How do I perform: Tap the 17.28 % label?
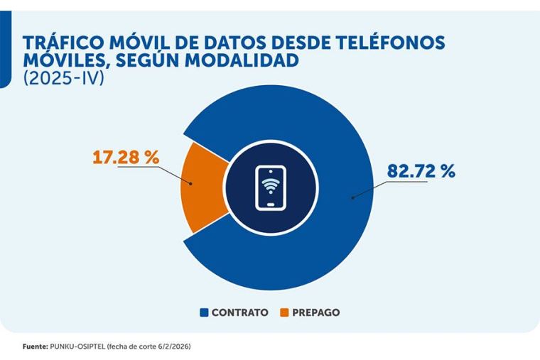[x=126, y=157]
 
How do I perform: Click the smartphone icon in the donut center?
[x=270, y=187]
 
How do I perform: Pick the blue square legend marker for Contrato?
[x=205, y=312]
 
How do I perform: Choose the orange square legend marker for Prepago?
[x=284, y=312]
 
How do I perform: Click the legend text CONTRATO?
[x=239, y=312]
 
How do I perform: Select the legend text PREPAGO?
[x=315, y=312]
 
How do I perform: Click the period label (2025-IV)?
[x=63, y=79]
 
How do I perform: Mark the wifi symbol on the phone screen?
[x=270, y=186]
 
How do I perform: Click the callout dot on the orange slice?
[x=193, y=183]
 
